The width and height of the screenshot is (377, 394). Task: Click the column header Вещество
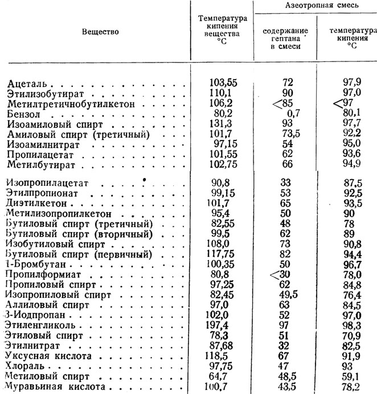click(100, 32)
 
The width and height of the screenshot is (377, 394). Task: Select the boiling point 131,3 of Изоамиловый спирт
click(223, 124)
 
